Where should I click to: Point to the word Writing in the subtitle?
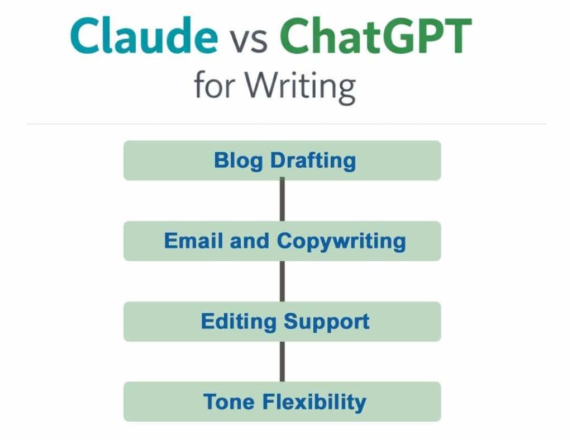click(301, 86)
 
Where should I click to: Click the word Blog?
click(239, 161)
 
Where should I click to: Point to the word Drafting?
click(313, 161)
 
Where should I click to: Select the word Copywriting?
click(341, 242)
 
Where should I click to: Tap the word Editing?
click(239, 322)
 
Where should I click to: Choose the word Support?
click(327, 322)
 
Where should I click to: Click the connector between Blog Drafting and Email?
click(282, 200)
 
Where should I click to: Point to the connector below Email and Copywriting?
click(282, 281)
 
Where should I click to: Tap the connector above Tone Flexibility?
click(282, 361)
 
